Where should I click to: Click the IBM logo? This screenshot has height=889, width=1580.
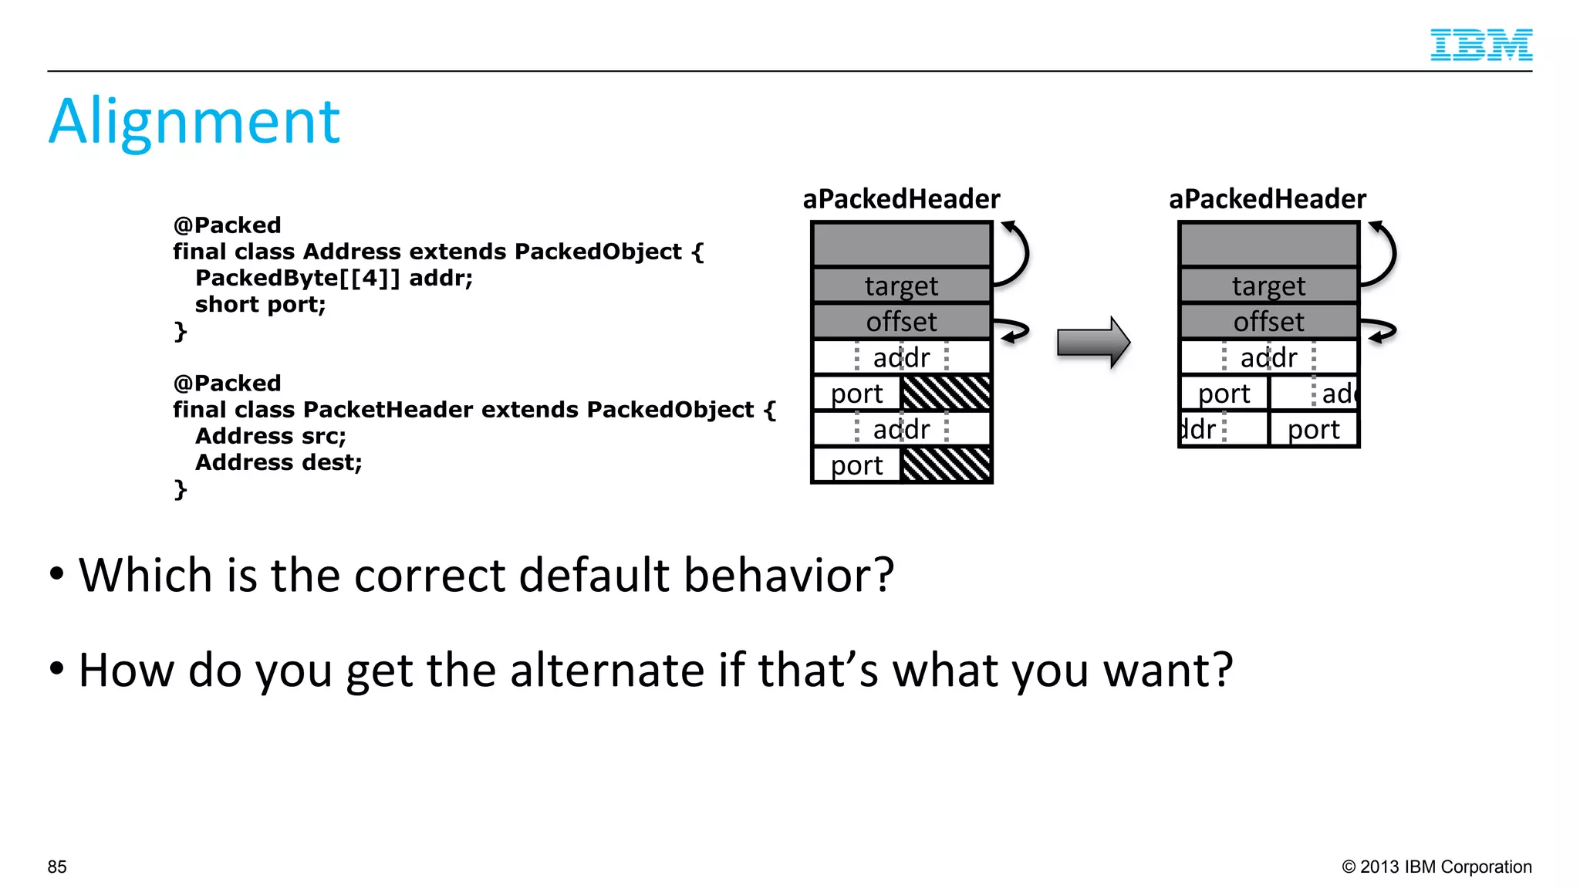[x=1480, y=45]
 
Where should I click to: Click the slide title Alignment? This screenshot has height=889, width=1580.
[x=194, y=121]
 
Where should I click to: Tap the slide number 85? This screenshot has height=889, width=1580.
[x=57, y=867]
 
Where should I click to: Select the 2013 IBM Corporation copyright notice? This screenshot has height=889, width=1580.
[x=1437, y=867]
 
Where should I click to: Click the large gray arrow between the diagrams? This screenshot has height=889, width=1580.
[x=1092, y=342]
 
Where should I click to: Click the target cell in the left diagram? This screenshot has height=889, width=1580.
[x=901, y=286]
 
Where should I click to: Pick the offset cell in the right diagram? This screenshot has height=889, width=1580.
[x=1268, y=321]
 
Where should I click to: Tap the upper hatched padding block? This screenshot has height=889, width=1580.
[x=946, y=393]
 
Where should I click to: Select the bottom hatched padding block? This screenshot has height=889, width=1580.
[x=946, y=465]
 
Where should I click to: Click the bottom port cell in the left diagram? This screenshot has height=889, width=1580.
[x=856, y=465]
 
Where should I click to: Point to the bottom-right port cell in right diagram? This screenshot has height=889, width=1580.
[x=1313, y=429]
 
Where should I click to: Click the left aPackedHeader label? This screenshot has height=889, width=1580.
[x=901, y=199]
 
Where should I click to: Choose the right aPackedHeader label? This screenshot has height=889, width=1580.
[x=1268, y=199]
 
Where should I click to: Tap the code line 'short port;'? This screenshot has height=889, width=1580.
[x=260, y=304]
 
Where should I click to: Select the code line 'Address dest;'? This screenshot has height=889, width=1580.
[x=279, y=462]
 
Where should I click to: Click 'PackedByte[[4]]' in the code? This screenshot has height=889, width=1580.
[x=298, y=278]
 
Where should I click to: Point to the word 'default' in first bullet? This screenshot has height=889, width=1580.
[x=594, y=575]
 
